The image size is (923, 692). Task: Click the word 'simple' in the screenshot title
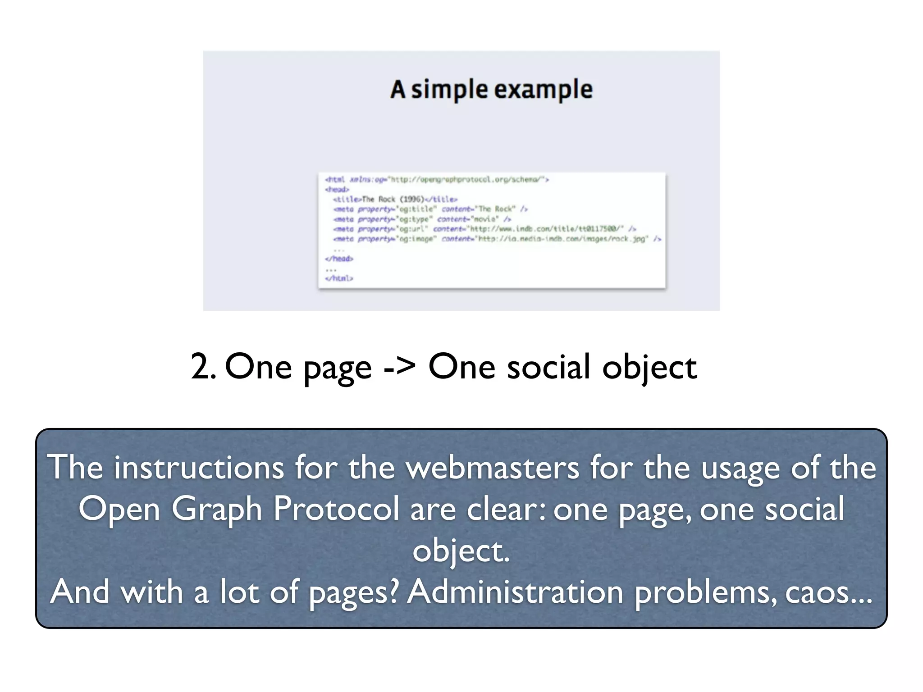coord(449,90)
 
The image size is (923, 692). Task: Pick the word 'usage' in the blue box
coord(740,469)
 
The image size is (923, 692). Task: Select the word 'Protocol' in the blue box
coord(336,509)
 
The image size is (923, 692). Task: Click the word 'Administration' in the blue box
coord(515,592)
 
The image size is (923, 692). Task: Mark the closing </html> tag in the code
coord(339,278)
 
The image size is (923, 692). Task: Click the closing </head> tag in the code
coord(339,259)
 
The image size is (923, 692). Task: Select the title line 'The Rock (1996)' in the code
coord(395,199)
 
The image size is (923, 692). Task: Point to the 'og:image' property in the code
coord(416,239)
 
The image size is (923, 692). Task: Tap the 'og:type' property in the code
coord(414,219)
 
